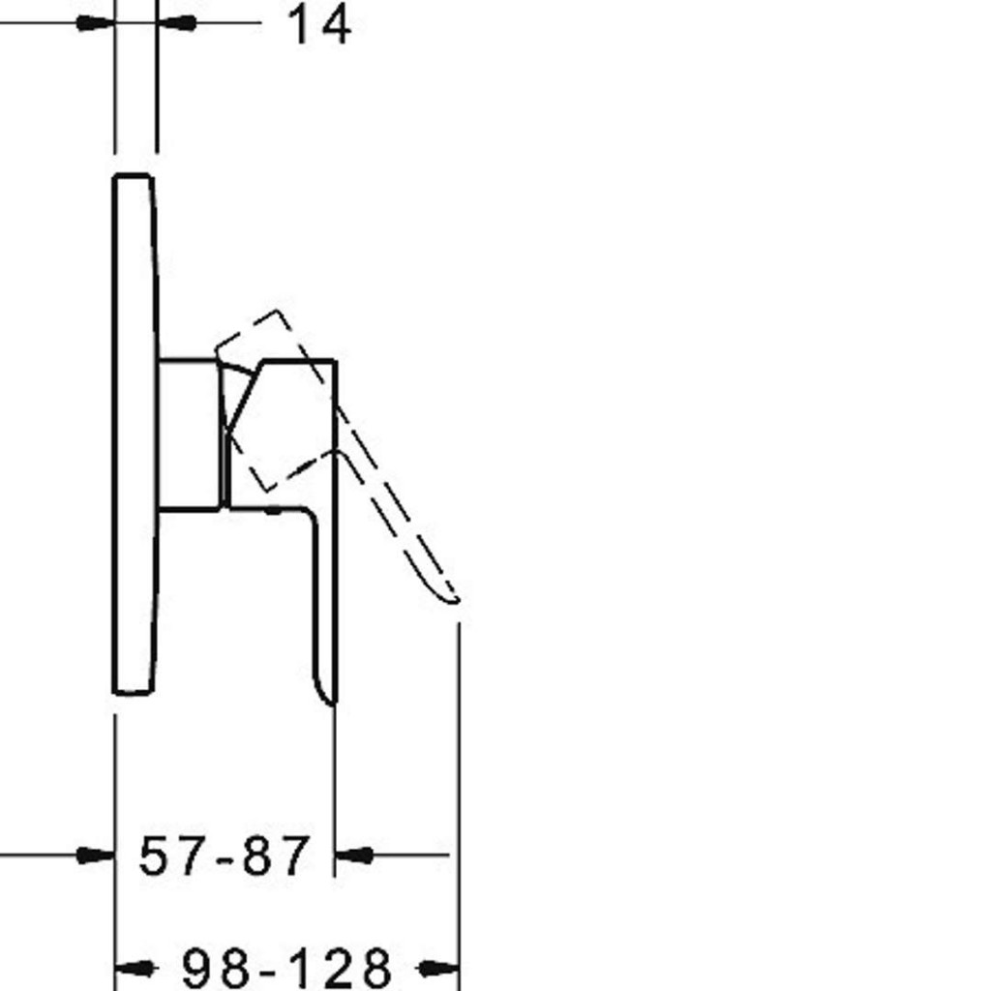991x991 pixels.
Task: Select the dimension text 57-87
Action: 225,856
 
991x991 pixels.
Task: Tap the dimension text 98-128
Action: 286,968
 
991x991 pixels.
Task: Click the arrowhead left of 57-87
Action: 96,856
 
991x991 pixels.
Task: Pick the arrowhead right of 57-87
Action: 354,856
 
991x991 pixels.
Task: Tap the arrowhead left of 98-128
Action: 135,968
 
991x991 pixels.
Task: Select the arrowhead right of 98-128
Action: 438,968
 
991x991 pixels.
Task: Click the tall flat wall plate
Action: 135,435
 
